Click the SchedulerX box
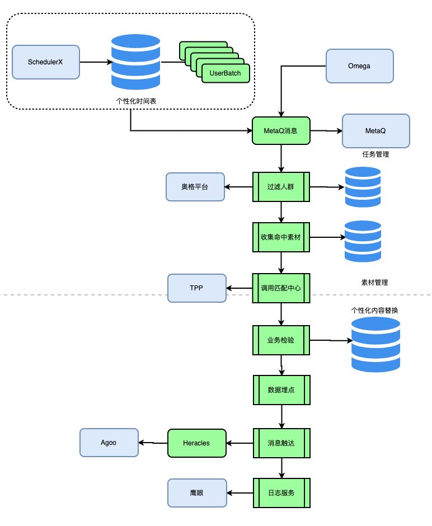tap(46, 62)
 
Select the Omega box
tap(360, 66)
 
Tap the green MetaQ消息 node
tap(281, 131)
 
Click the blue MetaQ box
tap(375, 131)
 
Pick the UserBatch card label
tap(225, 73)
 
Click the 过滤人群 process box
tap(281, 187)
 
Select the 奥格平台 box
tap(195, 187)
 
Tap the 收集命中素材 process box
tap(281, 237)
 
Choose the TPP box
tap(197, 288)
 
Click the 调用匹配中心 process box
tap(281, 288)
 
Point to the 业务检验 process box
tap(281, 340)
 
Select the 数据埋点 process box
tap(281, 390)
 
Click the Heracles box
tap(197, 443)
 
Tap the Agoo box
tap(109, 443)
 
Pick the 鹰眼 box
tap(197, 493)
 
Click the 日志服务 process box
tap(281, 493)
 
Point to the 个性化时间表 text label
tap(136, 101)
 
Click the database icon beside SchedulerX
tap(135, 62)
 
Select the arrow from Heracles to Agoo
tap(153, 443)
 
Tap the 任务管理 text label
tap(375, 154)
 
